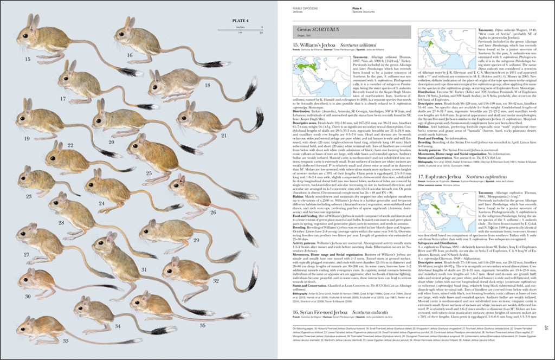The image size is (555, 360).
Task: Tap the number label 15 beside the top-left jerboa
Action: point(28,57)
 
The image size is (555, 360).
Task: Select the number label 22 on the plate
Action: point(70,145)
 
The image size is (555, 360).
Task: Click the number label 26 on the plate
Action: point(213,212)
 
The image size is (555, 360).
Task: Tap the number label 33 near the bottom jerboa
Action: point(66,340)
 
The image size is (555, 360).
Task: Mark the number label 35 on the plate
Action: point(203,325)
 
